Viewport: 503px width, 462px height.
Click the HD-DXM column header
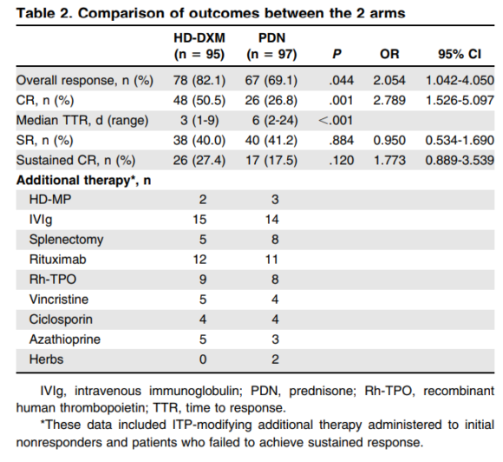[202, 39]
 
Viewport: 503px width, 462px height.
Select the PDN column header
[271, 39]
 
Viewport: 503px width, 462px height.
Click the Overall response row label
[84, 81]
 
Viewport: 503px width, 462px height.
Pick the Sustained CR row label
[76, 161]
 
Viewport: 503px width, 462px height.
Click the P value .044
[336, 81]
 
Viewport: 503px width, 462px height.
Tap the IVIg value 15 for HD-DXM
[202, 220]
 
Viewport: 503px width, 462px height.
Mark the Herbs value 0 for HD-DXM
[202, 359]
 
